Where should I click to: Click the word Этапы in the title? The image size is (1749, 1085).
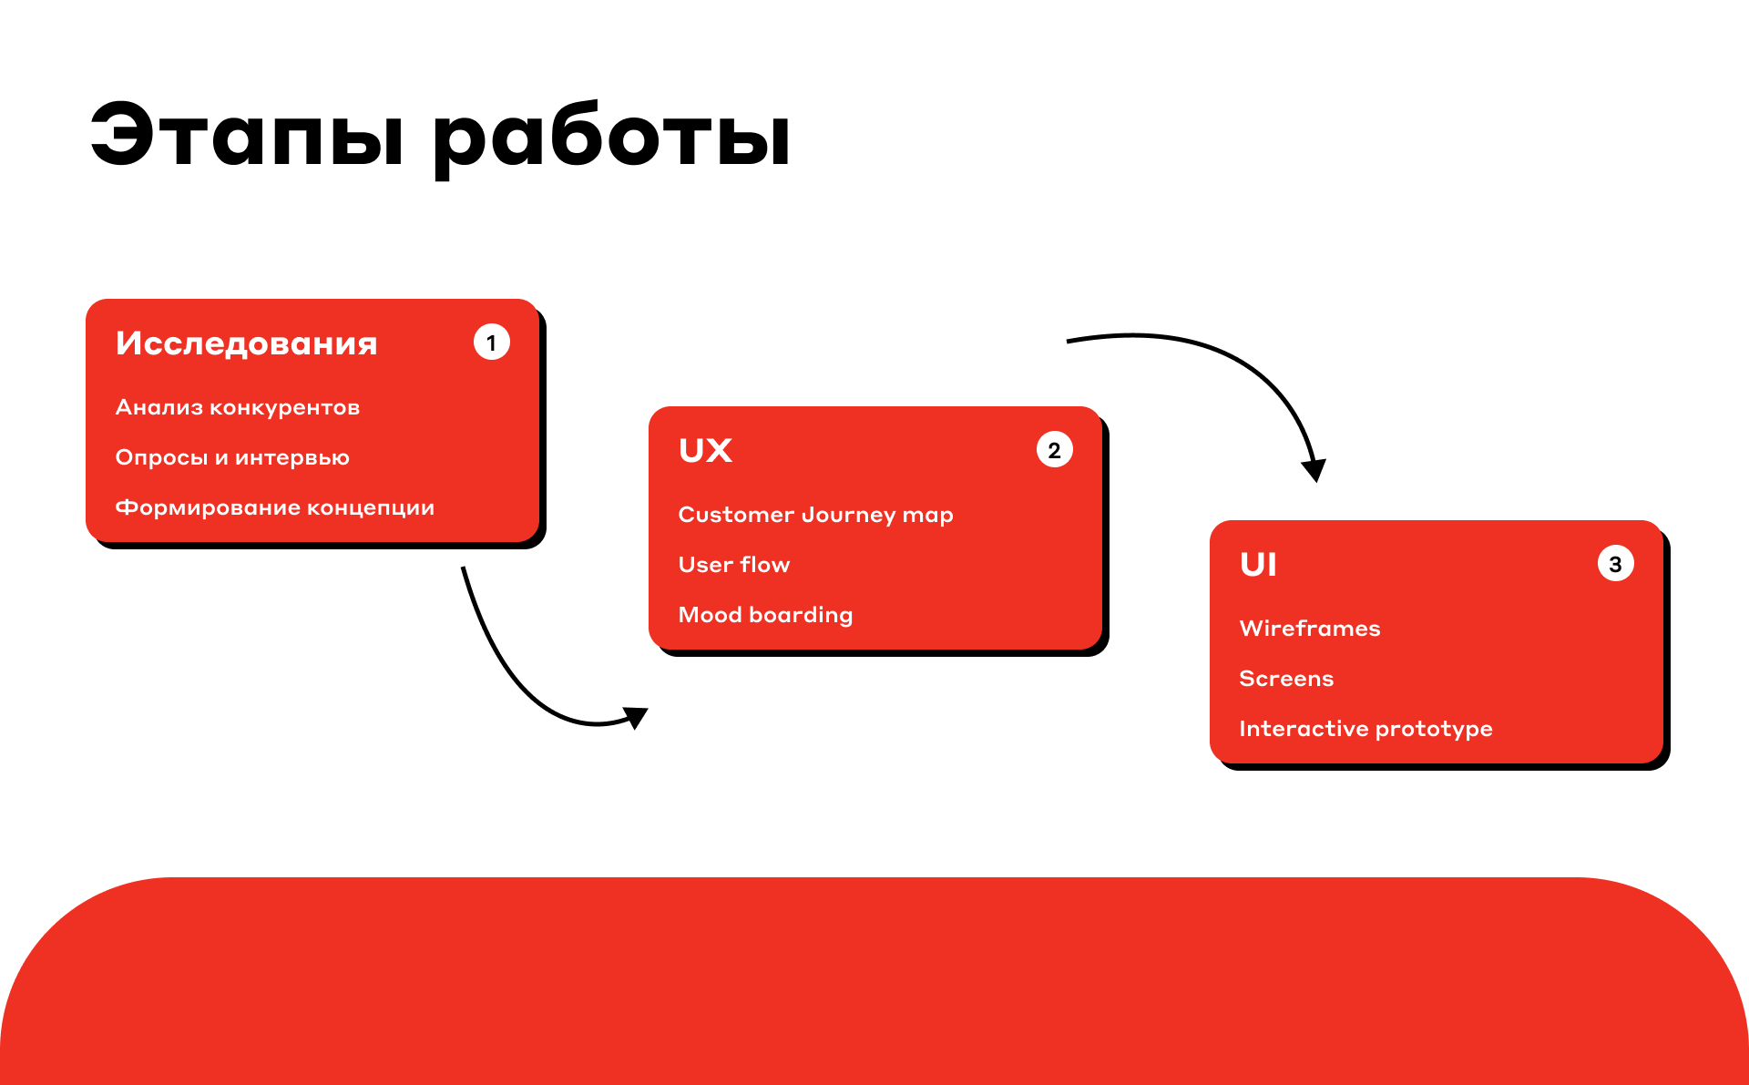[247, 135]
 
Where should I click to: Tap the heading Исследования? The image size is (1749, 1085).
[247, 343]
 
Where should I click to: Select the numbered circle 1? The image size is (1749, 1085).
[492, 343]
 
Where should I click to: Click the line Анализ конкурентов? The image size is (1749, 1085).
[238, 407]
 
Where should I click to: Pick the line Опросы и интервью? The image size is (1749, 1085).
[232, 457]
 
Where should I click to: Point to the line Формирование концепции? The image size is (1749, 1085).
[275, 507]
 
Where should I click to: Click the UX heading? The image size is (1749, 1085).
[706, 450]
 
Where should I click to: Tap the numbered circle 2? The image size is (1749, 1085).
[1055, 450]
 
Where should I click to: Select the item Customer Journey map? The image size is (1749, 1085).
[816, 516]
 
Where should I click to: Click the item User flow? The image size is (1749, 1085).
[734, 565]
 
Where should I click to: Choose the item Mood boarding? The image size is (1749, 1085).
[766, 616]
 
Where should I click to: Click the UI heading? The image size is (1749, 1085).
[1258, 565]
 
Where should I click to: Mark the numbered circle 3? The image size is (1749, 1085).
[1616, 564]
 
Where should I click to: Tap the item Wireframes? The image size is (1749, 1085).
[1310, 629]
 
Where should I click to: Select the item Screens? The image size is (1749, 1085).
[1286, 679]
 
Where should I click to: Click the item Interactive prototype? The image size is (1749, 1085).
[1366, 729]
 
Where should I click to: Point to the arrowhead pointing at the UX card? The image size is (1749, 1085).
[636, 717]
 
